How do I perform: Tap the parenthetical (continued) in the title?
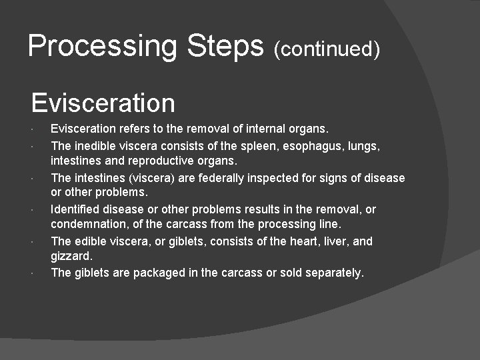click(x=327, y=49)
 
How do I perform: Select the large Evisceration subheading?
click(x=103, y=103)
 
